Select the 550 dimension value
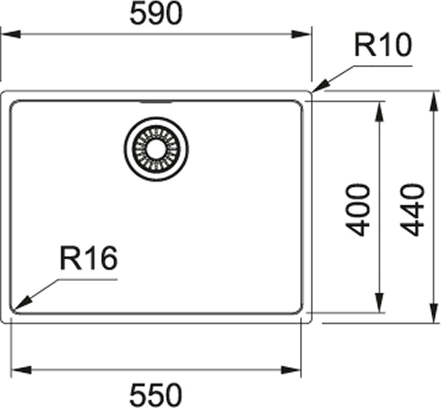(x=156, y=394)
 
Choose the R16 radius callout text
(x=88, y=259)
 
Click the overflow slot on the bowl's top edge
(x=156, y=102)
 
